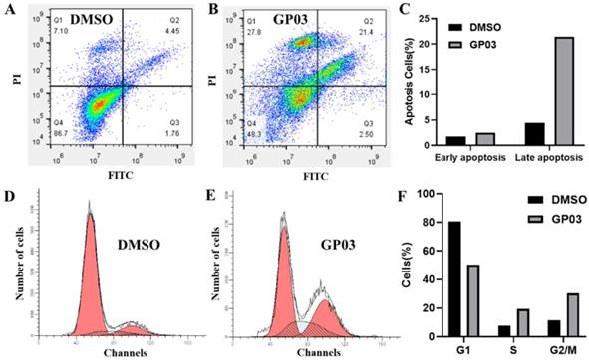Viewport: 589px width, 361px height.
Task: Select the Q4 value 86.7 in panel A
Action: point(62,132)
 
